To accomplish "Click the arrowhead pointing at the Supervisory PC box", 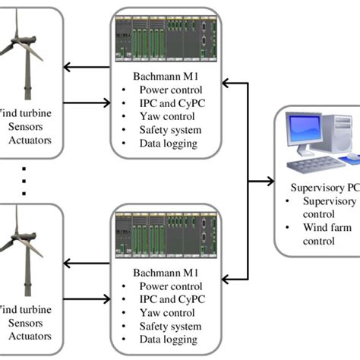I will (270, 182).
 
